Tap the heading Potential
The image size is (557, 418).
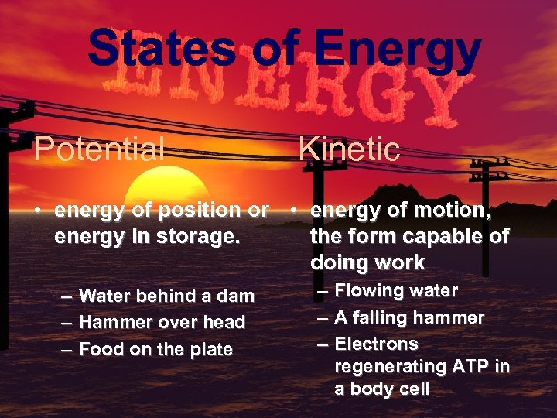[x=100, y=149]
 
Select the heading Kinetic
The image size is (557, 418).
[x=349, y=149]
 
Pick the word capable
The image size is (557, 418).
[x=438, y=235]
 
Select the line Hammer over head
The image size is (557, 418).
[x=162, y=322]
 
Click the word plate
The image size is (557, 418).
[x=210, y=349]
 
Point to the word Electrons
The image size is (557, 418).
[x=376, y=344]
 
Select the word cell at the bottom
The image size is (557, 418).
[x=411, y=389]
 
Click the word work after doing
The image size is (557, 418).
[x=398, y=262]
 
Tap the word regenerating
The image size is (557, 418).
[x=384, y=366]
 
